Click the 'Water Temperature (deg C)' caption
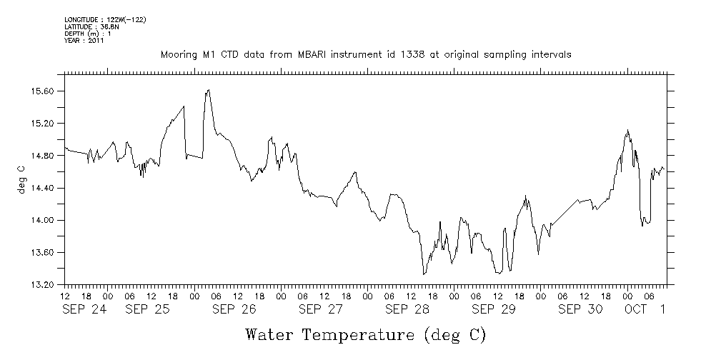pyautogui.click(x=365, y=334)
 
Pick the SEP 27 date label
pyautogui.click(x=320, y=309)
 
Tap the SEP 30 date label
pyautogui.click(x=580, y=309)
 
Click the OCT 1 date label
pyautogui.click(x=645, y=309)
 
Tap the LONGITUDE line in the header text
pyautogui.click(x=105, y=19)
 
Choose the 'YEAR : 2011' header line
pyautogui.click(x=85, y=41)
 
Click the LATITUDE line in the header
pyautogui.click(x=91, y=26)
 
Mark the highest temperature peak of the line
pyautogui.click(x=208, y=90)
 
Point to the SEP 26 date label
pyautogui.click(x=234, y=309)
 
